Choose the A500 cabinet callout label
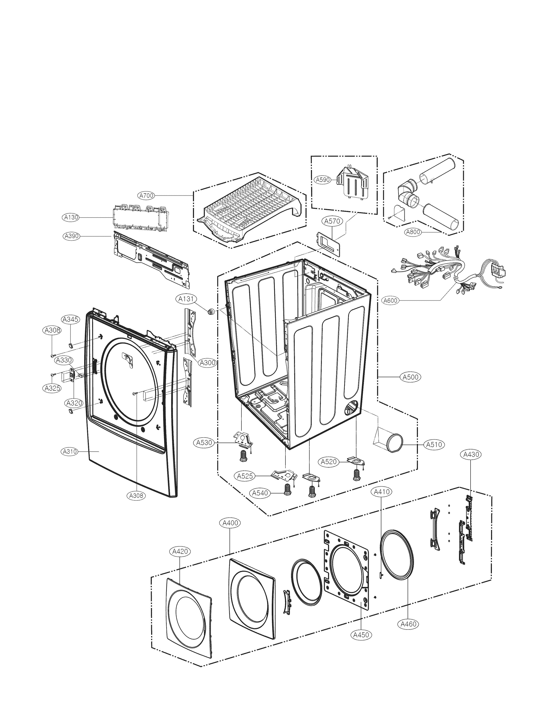[411, 377]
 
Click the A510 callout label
[434, 445]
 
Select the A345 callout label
[70, 320]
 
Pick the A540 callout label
[260, 502]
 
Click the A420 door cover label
[180, 551]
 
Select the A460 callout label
[408, 624]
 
